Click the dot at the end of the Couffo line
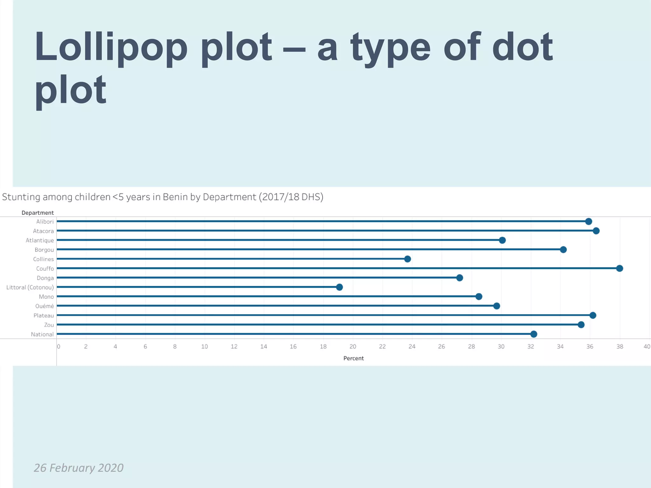pyautogui.click(x=620, y=268)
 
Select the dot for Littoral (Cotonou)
pyautogui.click(x=339, y=287)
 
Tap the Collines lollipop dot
pyautogui.click(x=408, y=259)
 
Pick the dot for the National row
pyautogui.click(x=534, y=334)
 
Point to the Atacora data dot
pyautogui.click(x=596, y=231)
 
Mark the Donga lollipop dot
pyautogui.click(x=459, y=278)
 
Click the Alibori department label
pyautogui.click(x=45, y=221)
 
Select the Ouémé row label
pyautogui.click(x=45, y=306)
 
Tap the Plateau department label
pyautogui.click(x=44, y=315)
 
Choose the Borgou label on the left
pyautogui.click(x=44, y=250)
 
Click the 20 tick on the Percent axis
pyautogui.click(x=353, y=347)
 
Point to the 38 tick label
pyautogui.click(x=620, y=347)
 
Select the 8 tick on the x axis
pyautogui.click(x=175, y=347)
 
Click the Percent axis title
pyautogui.click(x=353, y=358)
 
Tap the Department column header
pyautogui.click(x=38, y=213)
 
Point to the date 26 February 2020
pyautogui.click(x=79, y=468)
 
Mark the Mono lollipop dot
pyautogui.click(x=479, y=296)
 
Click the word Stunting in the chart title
pyautogui.click(x=21, y=197)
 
